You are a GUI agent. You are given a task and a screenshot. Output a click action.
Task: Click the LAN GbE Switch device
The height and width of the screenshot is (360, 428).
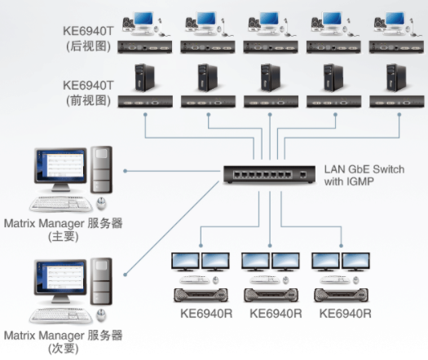269,174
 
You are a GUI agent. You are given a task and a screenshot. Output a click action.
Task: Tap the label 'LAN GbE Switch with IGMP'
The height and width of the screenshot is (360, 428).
364,175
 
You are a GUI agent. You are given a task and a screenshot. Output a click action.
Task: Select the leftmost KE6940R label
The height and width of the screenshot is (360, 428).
206,314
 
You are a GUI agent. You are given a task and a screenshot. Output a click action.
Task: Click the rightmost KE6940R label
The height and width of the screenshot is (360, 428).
346,314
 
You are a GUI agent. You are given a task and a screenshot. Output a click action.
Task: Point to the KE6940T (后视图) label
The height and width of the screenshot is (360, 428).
88,38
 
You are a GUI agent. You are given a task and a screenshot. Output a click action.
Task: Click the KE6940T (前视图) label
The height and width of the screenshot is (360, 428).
88,93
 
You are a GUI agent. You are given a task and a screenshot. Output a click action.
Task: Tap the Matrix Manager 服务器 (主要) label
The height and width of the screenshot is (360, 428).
64,230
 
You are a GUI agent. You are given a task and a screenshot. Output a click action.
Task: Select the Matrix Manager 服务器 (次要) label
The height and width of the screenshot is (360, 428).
64,342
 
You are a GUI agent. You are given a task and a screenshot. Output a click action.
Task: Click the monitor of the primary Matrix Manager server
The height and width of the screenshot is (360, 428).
60,169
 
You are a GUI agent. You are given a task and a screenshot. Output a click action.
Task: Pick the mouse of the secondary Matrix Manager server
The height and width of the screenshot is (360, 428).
101,315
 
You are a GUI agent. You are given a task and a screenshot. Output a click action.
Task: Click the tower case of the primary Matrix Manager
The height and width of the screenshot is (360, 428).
102,170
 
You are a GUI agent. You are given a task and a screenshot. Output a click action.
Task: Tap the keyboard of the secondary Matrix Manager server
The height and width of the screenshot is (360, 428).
61,315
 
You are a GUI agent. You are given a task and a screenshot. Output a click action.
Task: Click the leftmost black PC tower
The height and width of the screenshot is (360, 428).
144,77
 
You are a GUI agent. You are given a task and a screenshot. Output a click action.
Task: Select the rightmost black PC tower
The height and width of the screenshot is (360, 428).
396,77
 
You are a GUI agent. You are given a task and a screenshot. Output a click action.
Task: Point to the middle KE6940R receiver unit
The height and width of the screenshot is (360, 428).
271,296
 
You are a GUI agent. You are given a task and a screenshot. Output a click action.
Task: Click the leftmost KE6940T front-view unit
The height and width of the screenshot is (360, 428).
145,102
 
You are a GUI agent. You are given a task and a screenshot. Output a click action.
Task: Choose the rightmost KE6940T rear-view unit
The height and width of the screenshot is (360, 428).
396,47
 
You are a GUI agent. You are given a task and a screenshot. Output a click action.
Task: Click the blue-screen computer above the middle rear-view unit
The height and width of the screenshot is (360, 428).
269,24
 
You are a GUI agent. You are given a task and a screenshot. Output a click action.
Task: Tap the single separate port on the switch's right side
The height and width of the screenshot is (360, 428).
303,174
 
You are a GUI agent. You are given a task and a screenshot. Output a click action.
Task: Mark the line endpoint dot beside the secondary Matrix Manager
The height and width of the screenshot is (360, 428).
126,274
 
